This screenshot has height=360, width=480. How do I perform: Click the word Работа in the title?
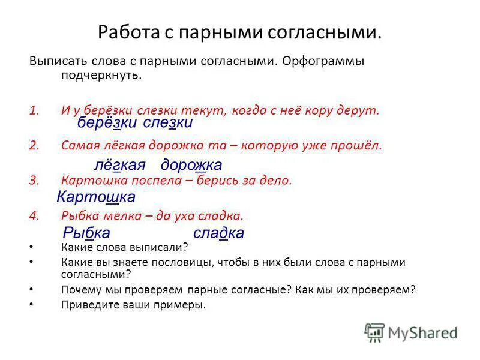[128, 31]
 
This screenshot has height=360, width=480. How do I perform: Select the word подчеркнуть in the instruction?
[101, 76]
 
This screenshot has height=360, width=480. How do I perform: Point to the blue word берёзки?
[107, 123]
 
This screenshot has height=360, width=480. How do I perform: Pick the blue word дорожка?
[191, 165]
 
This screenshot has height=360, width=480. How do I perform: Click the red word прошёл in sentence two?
[359, 145]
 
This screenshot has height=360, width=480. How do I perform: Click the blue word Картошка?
[96, 197]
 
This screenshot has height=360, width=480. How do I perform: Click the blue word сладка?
[218, 233]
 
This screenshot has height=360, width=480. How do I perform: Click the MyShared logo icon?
[375, 332]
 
